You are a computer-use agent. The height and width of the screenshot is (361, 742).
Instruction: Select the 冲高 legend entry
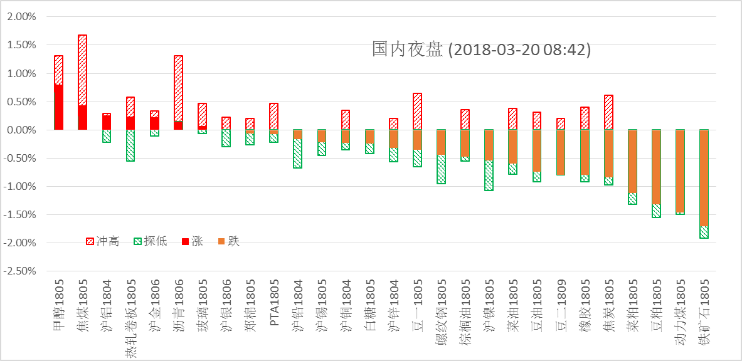[x=103, y=241]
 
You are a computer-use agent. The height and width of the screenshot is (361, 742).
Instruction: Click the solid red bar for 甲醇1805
[x=58, y=107]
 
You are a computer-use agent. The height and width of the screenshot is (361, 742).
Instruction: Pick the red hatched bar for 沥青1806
[x=178, y=88]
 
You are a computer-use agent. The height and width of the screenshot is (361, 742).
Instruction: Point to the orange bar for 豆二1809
[x=561, y=152]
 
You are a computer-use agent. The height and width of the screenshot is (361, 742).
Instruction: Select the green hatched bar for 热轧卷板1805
[x=130, y=145]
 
